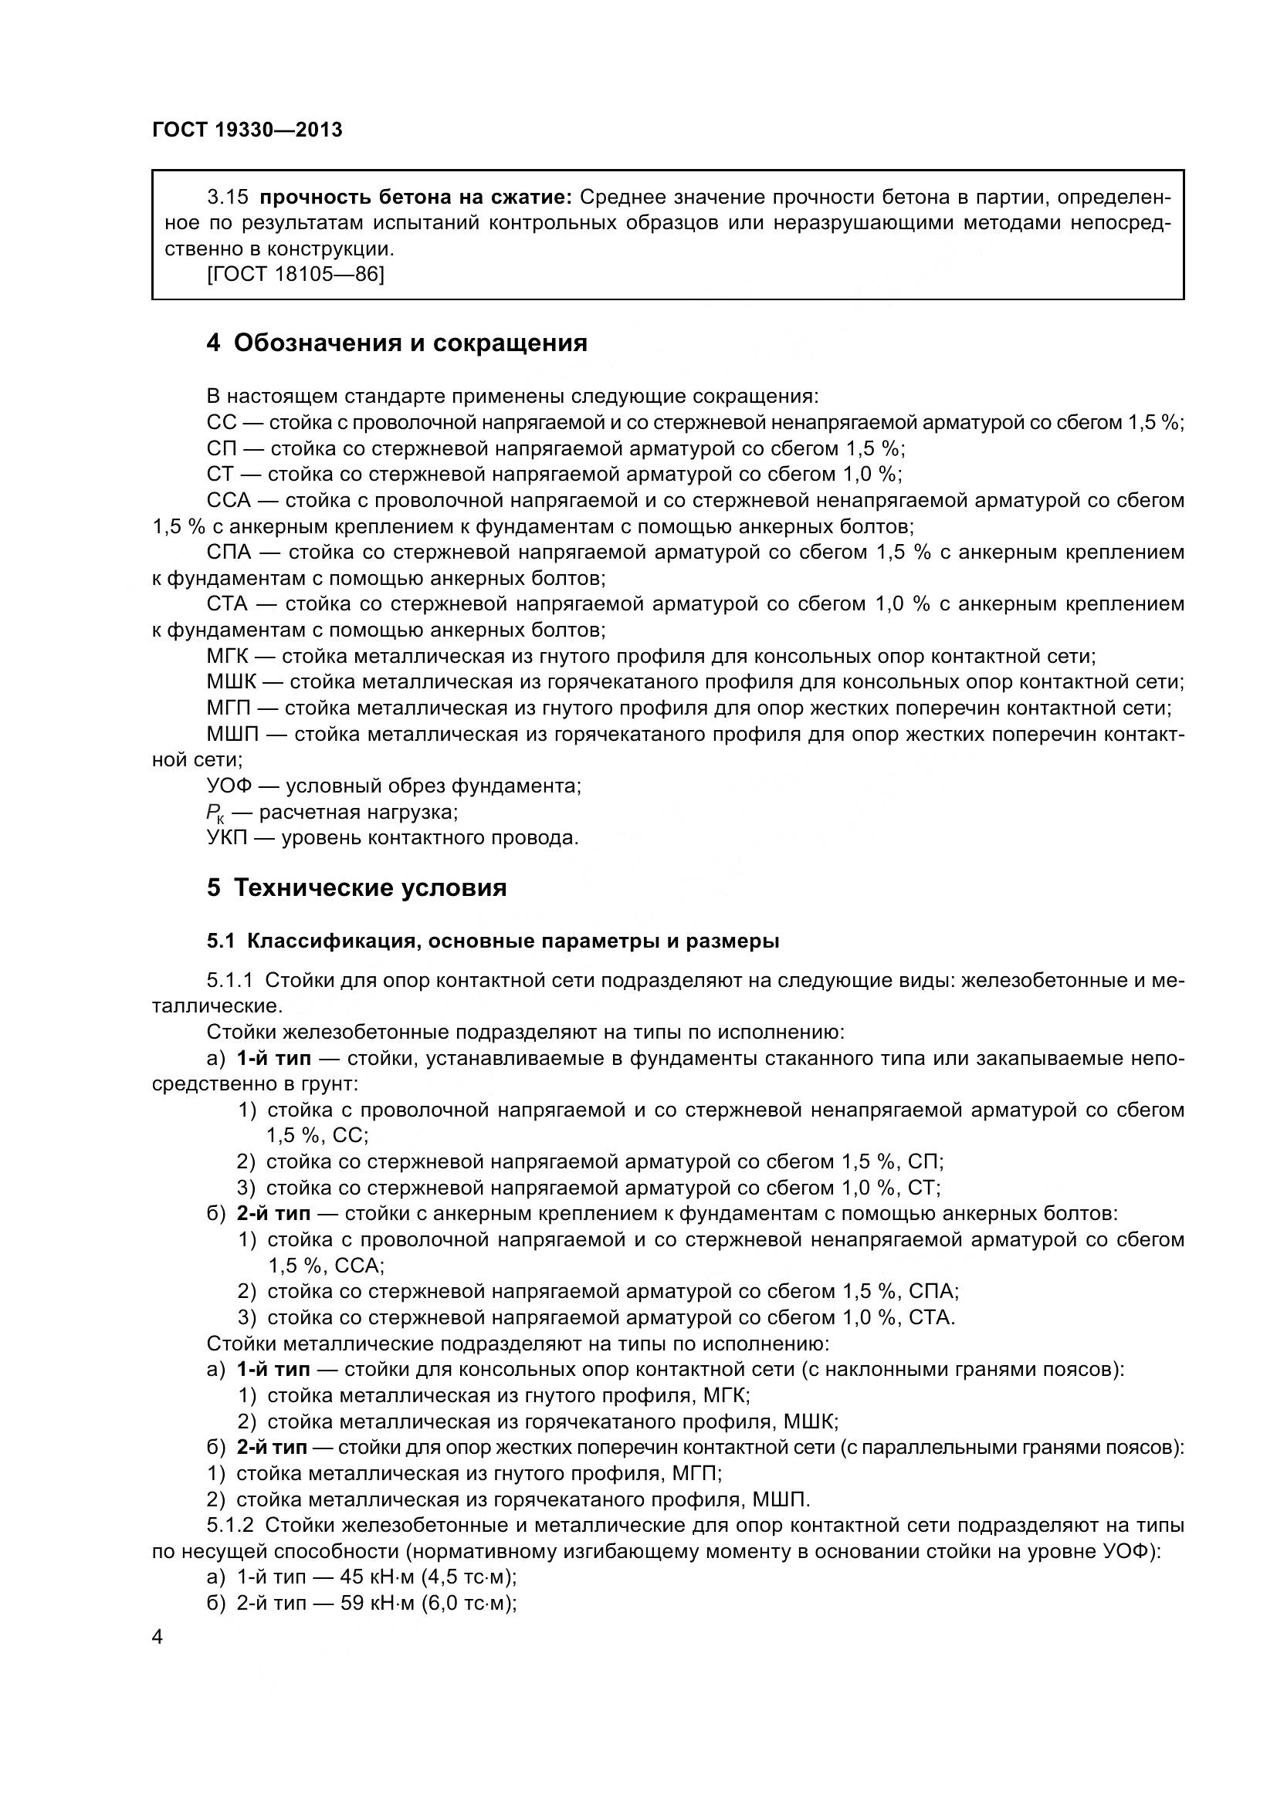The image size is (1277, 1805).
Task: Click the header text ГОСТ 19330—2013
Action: click(x=247, y=130)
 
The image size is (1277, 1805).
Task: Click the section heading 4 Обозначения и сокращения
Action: click(x=396, y=343)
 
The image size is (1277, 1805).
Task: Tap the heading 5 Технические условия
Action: click(x=356, y=888)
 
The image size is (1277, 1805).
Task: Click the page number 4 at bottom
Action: click(x=158, y=1638)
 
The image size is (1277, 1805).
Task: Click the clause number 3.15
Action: click(x=227, y=197)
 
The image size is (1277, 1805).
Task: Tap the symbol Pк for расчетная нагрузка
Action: click(x=215, y=813)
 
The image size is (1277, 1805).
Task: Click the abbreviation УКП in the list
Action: click(x=226, y=837)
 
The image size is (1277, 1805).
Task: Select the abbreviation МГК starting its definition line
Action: click(x=226, y=656)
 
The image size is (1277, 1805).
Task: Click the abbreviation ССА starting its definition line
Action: click(x=228, y=500)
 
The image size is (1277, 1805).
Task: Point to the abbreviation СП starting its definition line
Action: click(x=221, y=448)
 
